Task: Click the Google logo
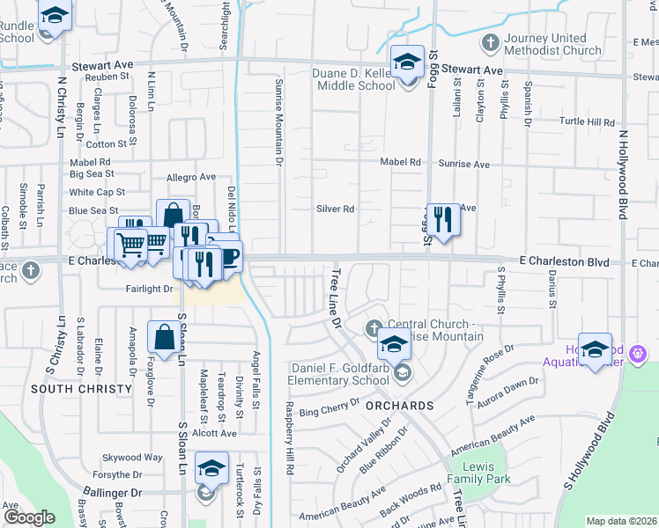click(29, 517)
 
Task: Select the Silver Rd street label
click(335, 209)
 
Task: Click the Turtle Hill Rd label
click(586, 121)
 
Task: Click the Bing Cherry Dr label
click(330, 406)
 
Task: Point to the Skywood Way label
click(132, 458)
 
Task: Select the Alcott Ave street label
click(216, 433)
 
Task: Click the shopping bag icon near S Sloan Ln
click(165, 336)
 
